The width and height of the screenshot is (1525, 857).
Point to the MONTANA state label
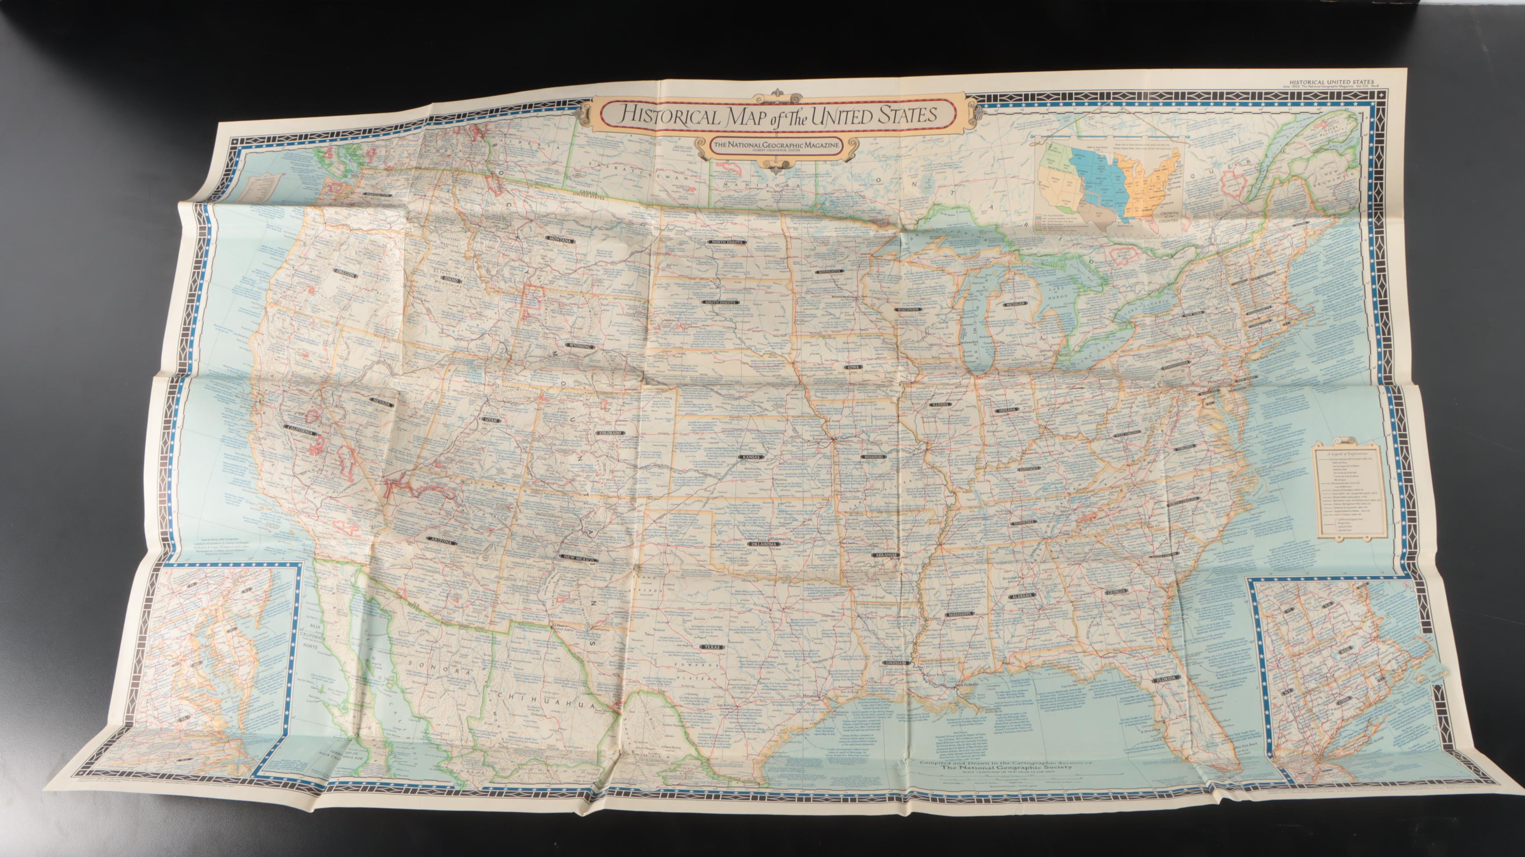[x=558, y=240]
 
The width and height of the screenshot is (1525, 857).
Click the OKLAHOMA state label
[x=763, y=544]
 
